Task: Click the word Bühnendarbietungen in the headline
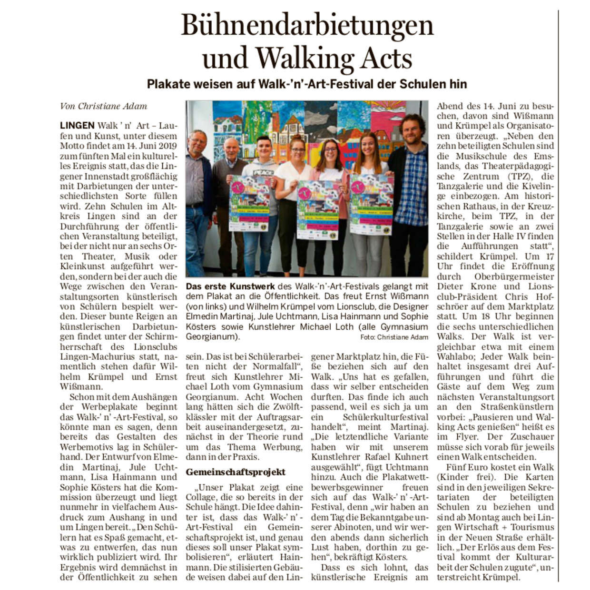pos(307,25)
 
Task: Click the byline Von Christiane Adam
pos(103,106)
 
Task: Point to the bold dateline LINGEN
pos(77,126)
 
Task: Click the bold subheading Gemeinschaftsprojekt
pos(236,472)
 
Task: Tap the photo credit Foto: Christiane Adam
pos(394,337)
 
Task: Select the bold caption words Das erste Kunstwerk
pos(230,286)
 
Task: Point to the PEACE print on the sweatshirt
pos(253,173)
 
